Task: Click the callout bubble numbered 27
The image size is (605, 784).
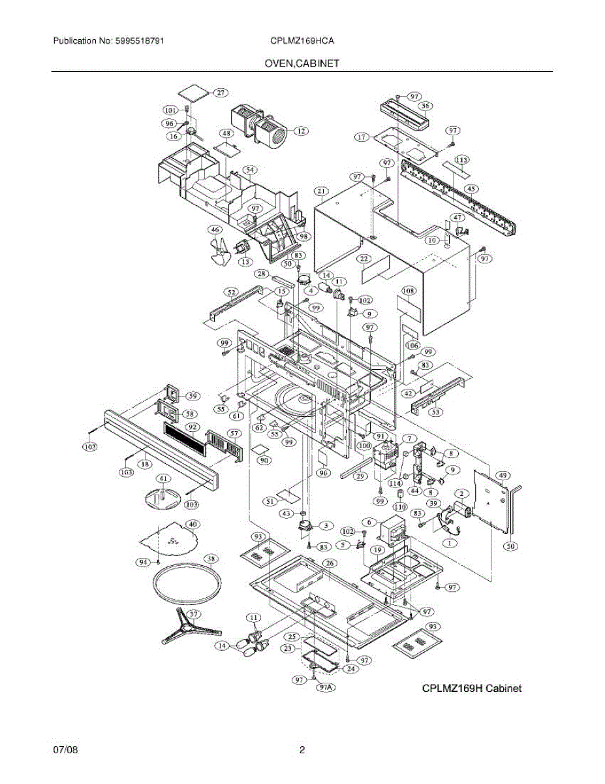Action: pyautogui.click(x=222, y=93)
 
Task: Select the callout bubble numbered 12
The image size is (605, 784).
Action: pyautogui.click(x=301, y=131)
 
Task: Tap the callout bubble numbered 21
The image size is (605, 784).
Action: pyautogui.click(x=320, y=191)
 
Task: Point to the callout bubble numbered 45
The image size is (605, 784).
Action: pyautogui.click(x=471, y=189)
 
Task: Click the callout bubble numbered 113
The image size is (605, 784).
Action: pyautogui.click(x=462, y=160)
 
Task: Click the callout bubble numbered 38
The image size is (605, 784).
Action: pyautogui.click(x=210, y=559)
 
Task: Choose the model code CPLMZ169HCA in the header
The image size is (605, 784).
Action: pyautogui.click(x=302, y=41)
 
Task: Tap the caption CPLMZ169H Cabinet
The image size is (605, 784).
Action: pyautogui.click(x=472, y=688)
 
